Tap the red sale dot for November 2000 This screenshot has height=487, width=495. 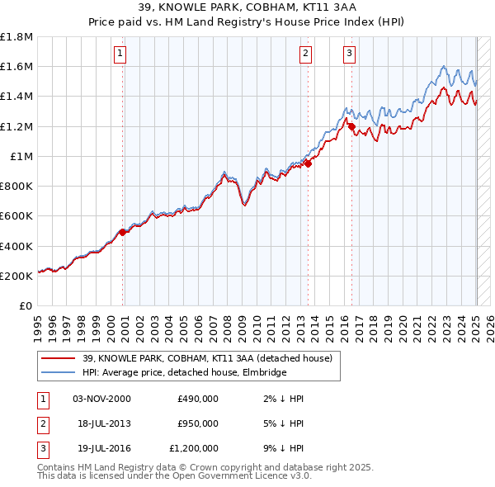[123, 232]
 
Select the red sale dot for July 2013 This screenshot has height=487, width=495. [308, 163]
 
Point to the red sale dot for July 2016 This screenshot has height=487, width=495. [351, 126]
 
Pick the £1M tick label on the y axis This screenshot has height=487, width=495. [22, 157]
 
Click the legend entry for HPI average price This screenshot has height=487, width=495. [184, 373]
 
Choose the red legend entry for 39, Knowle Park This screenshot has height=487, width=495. [206, 358]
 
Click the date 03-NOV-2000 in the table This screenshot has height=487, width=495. [101, 399]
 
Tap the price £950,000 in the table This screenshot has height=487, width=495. [197, 423]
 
